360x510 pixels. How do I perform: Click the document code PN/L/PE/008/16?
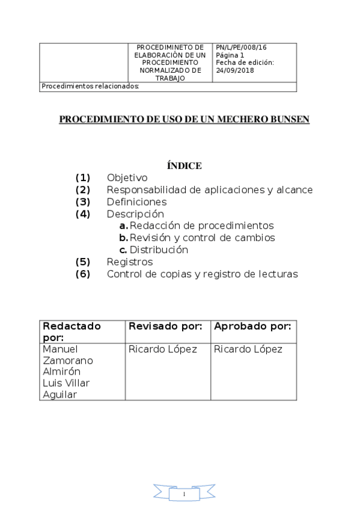coord(241,47)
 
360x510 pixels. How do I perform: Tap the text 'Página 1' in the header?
coord(230,55)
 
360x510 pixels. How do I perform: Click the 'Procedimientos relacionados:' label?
coord(90,87)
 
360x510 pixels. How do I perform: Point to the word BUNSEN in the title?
coord(285,120)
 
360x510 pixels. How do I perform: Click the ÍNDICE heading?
coord(184,166)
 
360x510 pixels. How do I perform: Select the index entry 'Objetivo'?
coord(127,178)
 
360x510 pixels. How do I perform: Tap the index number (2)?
coord(83,190)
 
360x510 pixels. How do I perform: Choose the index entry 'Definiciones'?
coord(136,202)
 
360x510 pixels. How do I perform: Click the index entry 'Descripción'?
coord(135,214)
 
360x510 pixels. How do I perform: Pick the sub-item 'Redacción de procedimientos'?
coord(202,226)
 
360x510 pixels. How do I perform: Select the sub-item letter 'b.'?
coord(124,238)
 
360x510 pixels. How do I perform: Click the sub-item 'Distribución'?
coord(159,250)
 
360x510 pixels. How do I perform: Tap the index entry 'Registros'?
coord(130,262)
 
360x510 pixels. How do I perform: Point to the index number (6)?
coord(83,274)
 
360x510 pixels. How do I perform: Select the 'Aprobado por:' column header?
coord(252,326)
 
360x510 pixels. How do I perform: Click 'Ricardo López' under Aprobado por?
coord(248,349)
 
